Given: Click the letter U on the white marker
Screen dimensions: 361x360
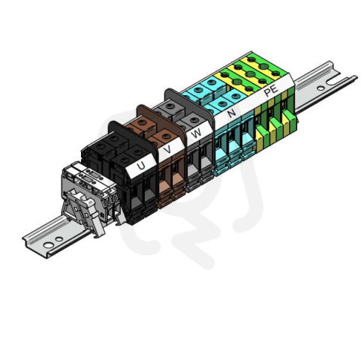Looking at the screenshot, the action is pyautogui.click(x=141, y=165).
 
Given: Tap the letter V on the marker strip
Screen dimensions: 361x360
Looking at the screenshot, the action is pyautogui.click(x=168, y=149).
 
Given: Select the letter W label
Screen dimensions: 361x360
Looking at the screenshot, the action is pyautogui.click(x=196, y=133).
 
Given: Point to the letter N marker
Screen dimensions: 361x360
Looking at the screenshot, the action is pyautogui.click(x=232, y=113).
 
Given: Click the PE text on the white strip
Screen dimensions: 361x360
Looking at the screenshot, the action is pyautogui.click(x=271, y=91).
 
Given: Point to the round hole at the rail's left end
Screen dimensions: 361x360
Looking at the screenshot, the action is pyautogui.click(x=48, y=245).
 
